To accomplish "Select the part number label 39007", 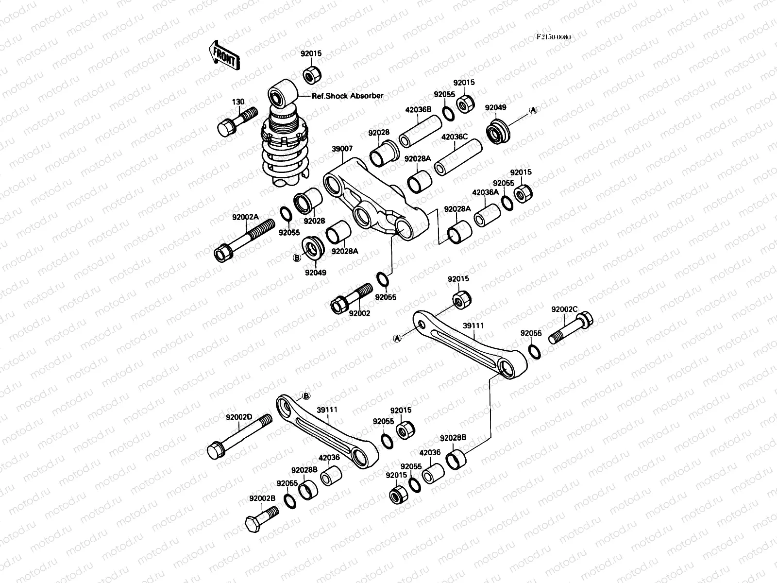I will tap(342, 149).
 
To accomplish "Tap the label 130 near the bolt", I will tap(238, 102).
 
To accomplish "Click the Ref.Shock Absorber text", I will tap(348, 96).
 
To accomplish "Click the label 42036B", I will tap(418, 109).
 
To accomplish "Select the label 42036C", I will tap(454, 137).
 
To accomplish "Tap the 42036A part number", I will tap(485, 192).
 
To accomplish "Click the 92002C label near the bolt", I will tap(564, 309).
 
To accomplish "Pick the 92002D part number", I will tap(239, 417).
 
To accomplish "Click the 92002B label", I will tap(262, 498).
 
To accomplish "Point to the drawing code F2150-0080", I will tap(554, 37).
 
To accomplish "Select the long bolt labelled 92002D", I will tap(238, 436).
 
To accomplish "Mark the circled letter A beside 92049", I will tap(533, 110).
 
